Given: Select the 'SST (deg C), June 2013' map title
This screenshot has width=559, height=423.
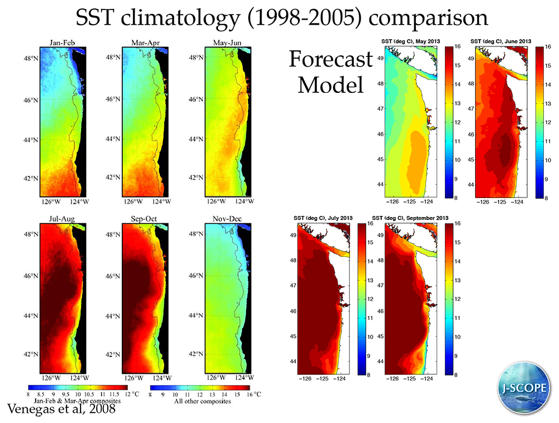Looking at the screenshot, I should click(x=501, y=41).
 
